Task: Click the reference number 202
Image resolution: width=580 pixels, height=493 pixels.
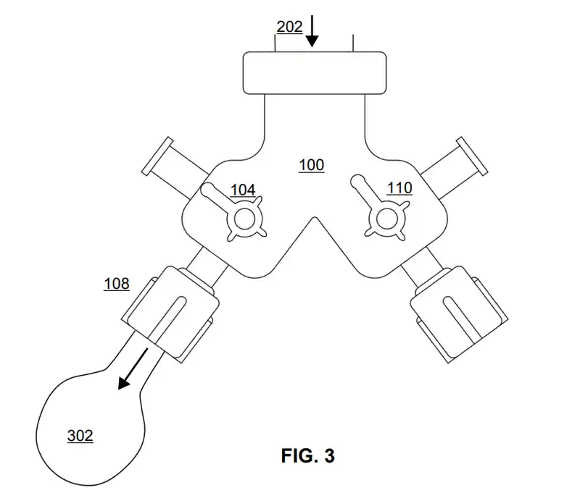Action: coord(289,28)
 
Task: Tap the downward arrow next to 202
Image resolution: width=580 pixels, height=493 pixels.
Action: coord(312,30)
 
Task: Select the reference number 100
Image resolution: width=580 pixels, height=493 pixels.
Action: coord(312,166)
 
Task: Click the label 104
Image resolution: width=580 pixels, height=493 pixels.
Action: coord(243,190)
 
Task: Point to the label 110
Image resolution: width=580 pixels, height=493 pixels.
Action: coord(399,189)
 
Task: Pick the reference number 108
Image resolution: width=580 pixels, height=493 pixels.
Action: coord(116,284)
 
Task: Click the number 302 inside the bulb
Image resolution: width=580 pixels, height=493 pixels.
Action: coord(80,436)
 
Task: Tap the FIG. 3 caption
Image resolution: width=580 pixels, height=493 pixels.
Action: coord(308,456)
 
